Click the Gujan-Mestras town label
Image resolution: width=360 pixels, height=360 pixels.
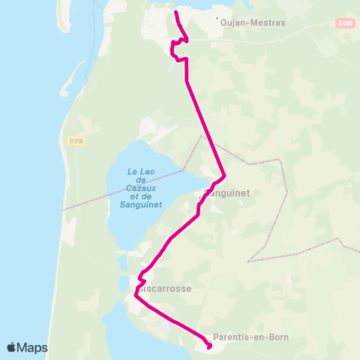253,22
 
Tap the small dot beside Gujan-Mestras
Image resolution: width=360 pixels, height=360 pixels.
217,19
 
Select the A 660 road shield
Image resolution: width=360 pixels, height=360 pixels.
344,24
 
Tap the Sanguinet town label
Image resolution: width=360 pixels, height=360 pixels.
228,193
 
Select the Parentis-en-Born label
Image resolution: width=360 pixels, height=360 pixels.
250,337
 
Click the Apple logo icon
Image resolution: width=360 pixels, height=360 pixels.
12,348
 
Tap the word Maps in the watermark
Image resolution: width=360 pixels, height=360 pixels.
33,348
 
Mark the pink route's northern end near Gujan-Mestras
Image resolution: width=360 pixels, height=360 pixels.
175,13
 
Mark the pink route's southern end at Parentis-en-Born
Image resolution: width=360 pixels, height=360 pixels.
208,346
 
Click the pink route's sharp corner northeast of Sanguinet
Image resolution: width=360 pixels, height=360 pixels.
225,177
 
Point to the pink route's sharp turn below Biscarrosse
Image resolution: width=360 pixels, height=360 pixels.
135,295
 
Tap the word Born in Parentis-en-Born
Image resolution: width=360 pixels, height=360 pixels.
275,337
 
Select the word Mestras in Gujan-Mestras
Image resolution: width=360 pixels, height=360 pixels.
268,22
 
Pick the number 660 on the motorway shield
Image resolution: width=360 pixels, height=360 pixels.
347,24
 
